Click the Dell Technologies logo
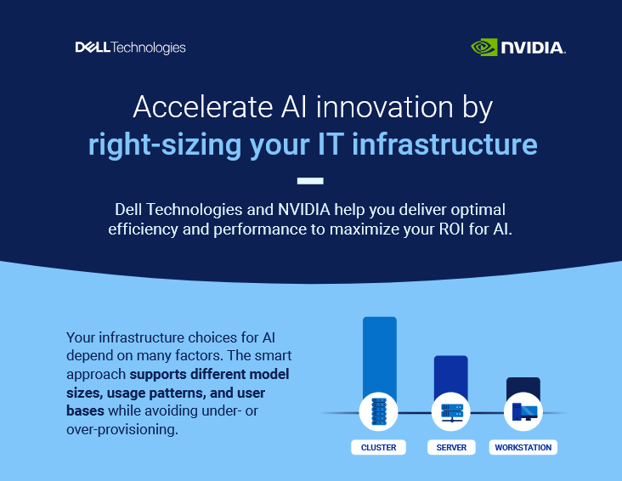click(130, 48)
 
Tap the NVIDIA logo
click(518, 48)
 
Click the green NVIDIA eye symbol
click(484, 47)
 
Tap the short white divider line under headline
click(311, 179)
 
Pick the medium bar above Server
click(450, 374)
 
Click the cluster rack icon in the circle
click(379, 412)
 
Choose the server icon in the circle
click(450, 412)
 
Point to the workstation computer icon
click(523, 412)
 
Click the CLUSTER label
click(379, 447)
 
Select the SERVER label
click(450, 447)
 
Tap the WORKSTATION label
click(523, 447)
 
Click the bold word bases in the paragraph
click(85, 410)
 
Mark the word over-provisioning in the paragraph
click(122, 429)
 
